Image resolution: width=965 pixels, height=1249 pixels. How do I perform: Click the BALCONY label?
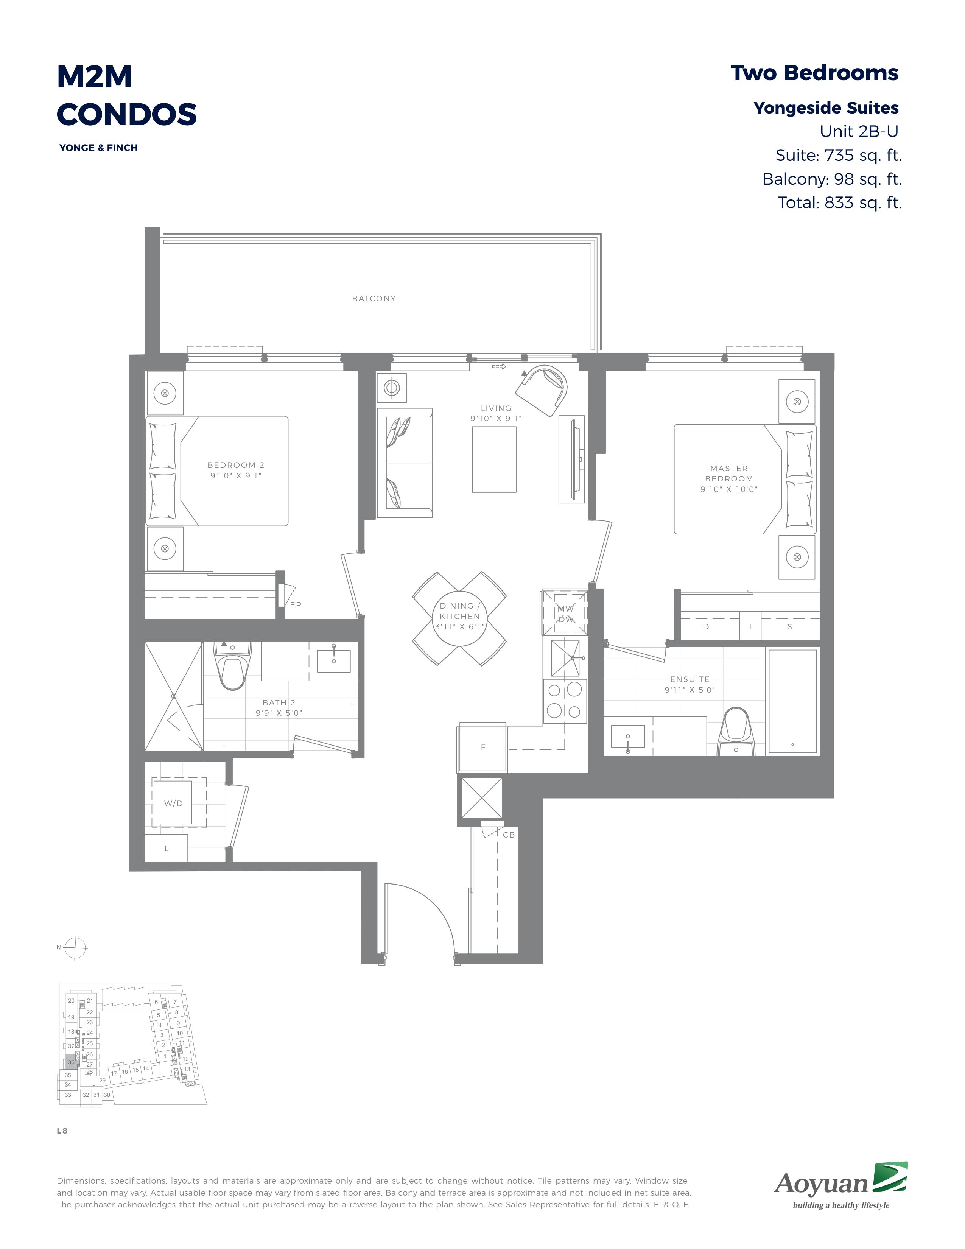pyautogui.click(x=374, y=299)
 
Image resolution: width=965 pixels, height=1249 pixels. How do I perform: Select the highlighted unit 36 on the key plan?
pyautogui.click(x=71, y=1062)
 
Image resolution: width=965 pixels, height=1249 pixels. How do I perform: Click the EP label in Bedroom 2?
pyautogui.click(x=296, y=604)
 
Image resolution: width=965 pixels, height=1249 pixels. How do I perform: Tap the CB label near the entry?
pyautogui.click(x=509, y=835)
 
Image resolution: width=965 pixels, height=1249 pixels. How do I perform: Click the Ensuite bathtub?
pyautogui.click(x=793, y=701)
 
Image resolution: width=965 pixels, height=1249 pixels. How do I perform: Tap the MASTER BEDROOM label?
pyautogui.click(x=729, y=473)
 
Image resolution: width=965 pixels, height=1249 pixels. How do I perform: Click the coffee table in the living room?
pyautogui.click(x=494, y=459)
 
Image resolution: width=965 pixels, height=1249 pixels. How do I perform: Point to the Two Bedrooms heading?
pyautogui.click(x=815, y=73)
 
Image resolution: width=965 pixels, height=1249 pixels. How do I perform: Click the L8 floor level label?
pyautogui.click(x=62, y=1131)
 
